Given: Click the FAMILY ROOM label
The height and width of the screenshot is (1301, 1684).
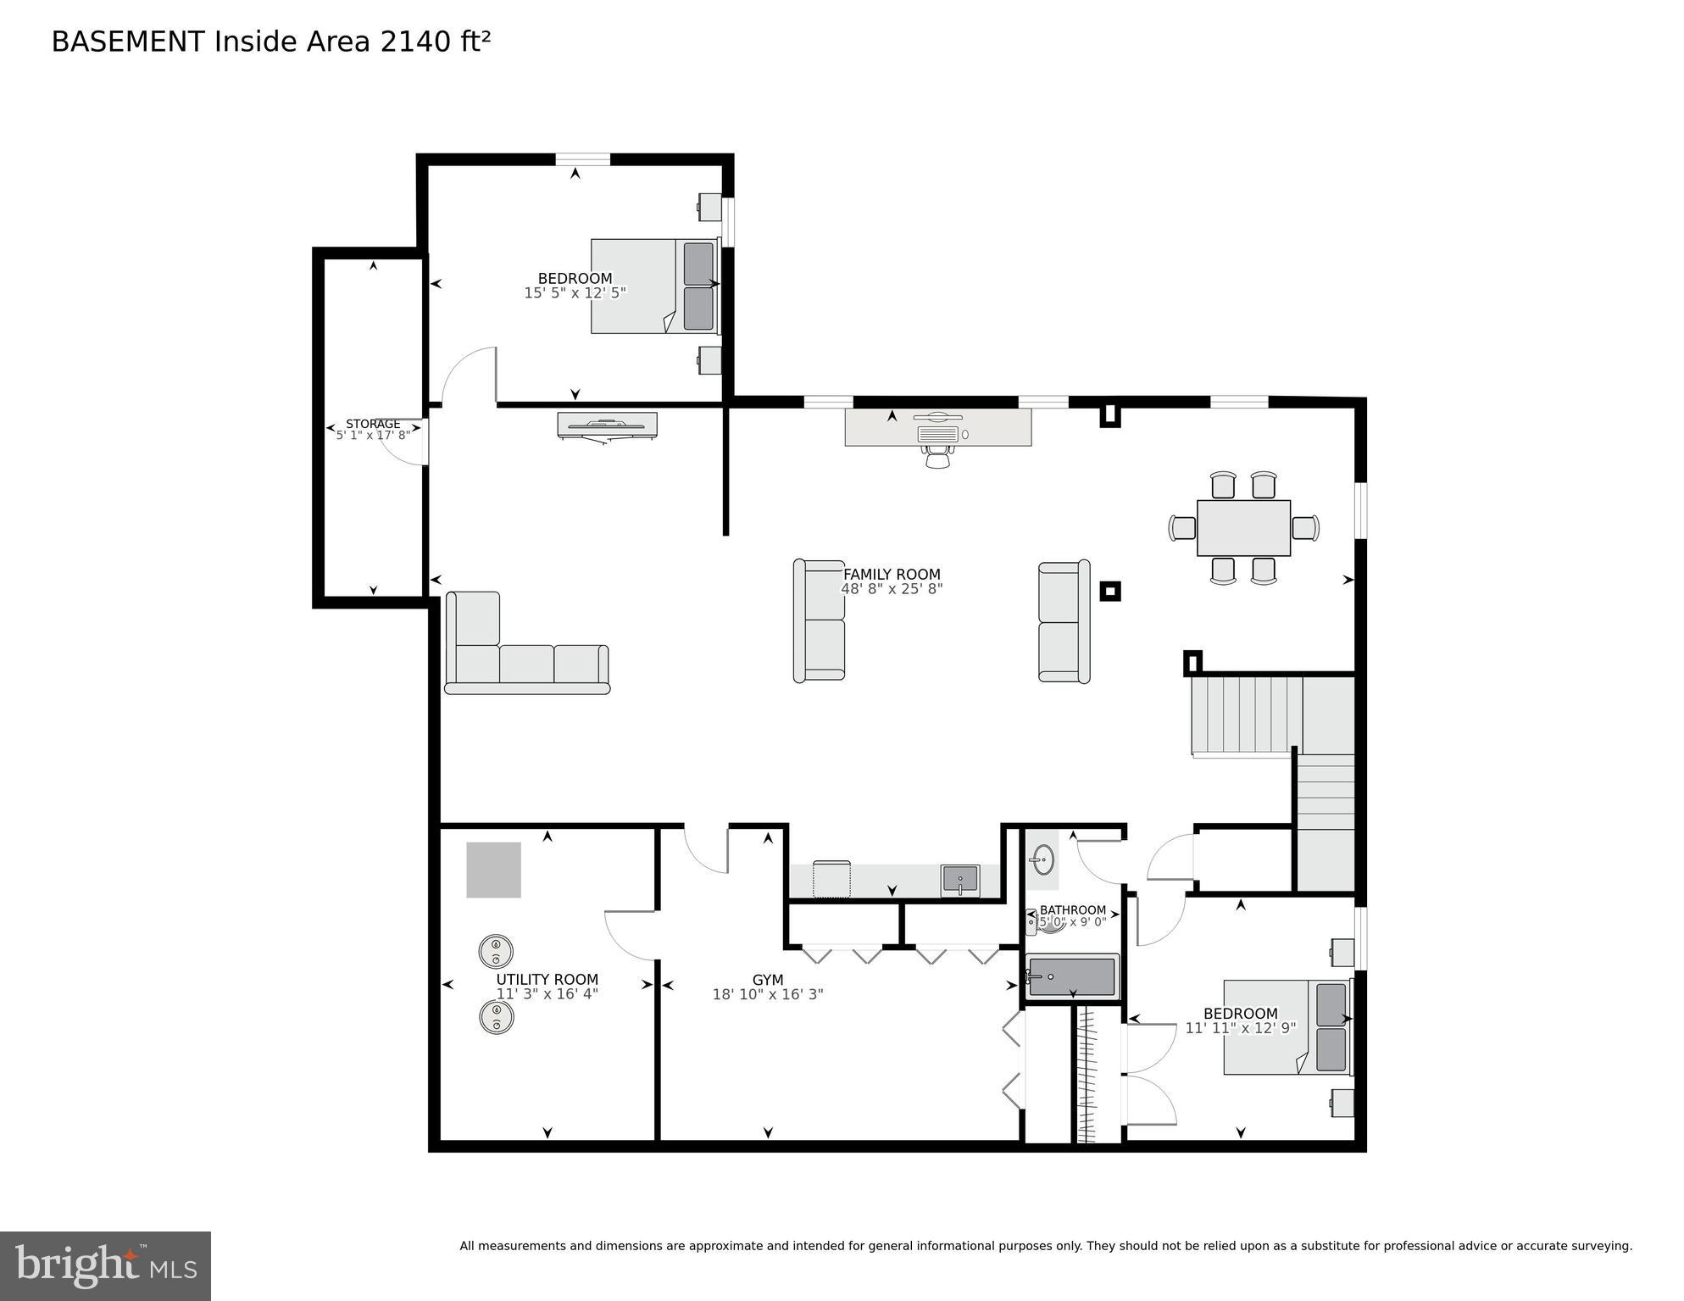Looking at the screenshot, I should [x=891, y=574].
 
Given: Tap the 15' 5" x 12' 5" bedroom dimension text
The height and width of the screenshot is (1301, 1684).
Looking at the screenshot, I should [x=575, y=293].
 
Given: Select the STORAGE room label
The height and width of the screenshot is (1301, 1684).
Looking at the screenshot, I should [x=373, y=424].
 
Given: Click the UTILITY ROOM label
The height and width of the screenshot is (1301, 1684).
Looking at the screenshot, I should [x=547, y=979].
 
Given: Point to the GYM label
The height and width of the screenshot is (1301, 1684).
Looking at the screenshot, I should [x=767, y=980].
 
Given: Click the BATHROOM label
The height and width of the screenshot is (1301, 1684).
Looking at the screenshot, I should [x=1072, y=910].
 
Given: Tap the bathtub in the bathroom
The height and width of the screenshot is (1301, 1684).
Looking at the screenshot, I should [x=1071, y=977].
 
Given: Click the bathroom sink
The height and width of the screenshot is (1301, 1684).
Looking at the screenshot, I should [x=1043, y=860].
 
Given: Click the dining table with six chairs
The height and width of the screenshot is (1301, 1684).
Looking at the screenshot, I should [x=1242, y=527].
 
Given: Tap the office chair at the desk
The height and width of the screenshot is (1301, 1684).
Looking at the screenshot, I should [x=937, y=458].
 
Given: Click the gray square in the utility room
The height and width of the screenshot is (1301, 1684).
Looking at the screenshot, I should [x=493, y=870].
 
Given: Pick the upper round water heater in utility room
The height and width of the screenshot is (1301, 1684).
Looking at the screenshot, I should [x=496, y=950].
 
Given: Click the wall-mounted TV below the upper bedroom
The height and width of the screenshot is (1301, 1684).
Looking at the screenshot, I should [x=607, y=425].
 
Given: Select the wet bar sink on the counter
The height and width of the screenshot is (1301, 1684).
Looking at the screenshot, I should [x=959, y=879].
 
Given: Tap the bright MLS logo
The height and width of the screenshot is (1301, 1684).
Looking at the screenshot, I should [x=105, y=1265].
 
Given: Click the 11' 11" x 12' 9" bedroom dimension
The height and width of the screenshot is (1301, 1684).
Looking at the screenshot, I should [x=1240, y=1028].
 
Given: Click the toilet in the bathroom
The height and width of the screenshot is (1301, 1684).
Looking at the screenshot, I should [x=1047, y=922].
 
